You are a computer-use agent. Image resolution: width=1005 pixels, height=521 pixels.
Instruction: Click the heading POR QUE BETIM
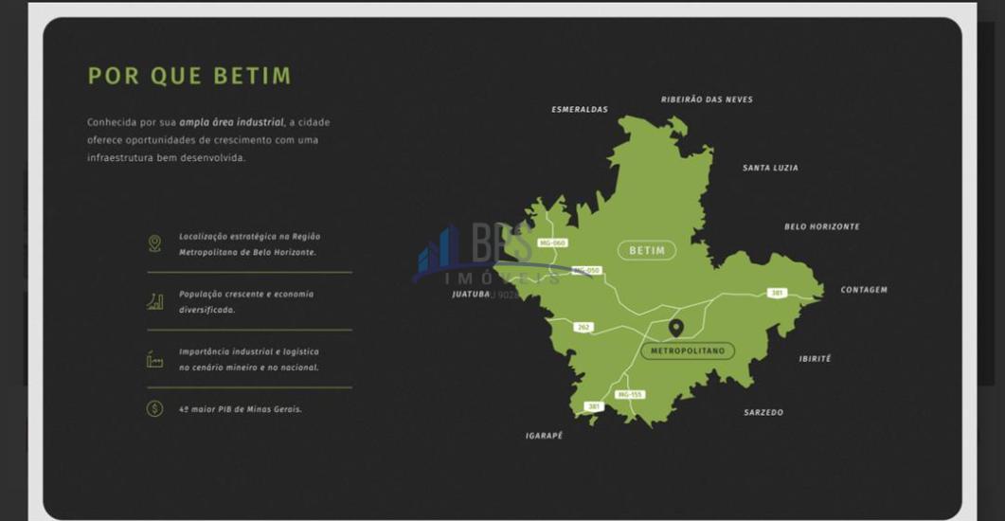click(x=189, y=76)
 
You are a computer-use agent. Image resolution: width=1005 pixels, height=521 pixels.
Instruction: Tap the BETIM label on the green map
click(x=647, y=251)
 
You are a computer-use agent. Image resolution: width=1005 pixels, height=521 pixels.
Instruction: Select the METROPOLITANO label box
click(x=688, y=350)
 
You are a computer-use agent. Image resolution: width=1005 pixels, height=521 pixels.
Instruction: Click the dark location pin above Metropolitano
click(x=675, y=328)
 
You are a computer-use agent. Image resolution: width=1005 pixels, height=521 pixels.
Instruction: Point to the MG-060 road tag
click(x=552, y=243)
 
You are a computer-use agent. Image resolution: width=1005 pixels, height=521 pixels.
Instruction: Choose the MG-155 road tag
click(x=630, y=394)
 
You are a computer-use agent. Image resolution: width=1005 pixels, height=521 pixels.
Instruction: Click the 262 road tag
click(x=583, y=328)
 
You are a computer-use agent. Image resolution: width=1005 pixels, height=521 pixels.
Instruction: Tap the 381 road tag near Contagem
click(x=777, y=294)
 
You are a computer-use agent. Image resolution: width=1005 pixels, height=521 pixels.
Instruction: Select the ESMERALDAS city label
click(x=580, y=110)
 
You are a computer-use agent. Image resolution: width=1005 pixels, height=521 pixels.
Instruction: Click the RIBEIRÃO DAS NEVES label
click(x=707, y=99)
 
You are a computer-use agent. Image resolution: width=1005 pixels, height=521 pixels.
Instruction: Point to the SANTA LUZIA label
click(x=770, y=168)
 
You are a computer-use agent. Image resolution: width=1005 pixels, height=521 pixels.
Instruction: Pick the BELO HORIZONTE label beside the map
click(x=821, y=227)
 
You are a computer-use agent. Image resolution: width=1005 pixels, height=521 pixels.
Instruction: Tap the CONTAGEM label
click(x=864, y=290)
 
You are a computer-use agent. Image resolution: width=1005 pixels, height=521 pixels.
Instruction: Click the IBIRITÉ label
click(x=815, y=359)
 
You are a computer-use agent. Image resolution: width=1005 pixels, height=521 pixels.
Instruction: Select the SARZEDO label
click(x=763, y=413)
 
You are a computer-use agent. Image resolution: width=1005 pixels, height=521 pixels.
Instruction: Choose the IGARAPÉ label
click(x=544, y=436)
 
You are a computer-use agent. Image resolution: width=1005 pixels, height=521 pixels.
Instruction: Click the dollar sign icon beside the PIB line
click(x=154, y=408)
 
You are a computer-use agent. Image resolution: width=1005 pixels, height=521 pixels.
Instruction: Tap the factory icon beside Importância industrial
click(x=154, y=359)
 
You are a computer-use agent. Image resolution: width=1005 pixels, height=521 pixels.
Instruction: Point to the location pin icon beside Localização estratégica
click(x=154, y=243)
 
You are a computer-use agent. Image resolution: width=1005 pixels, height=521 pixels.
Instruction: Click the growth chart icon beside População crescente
click(x=154, y=301)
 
